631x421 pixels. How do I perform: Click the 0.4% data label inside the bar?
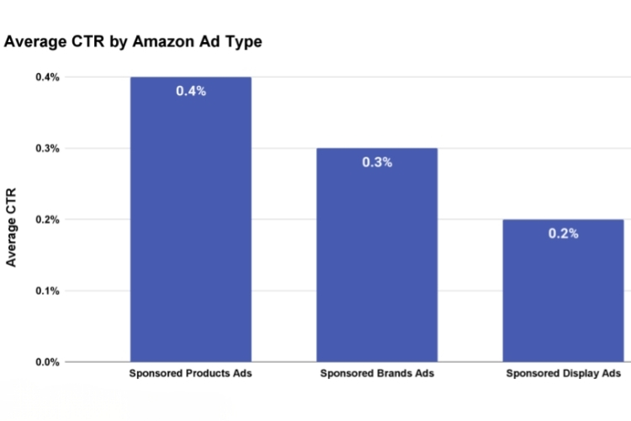pos(190,91)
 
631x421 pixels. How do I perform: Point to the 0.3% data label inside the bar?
pos(377,162)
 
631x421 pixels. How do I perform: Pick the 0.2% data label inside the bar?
pos(563,233)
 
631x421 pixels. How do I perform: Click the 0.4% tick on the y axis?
pos(47,77)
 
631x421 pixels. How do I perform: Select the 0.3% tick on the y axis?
pos(47,149)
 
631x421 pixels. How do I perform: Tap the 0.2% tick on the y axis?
pos(47,220)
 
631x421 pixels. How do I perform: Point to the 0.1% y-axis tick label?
pos(47,291)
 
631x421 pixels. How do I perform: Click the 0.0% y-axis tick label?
pos(47,363)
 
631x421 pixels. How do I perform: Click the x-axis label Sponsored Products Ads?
pos(190,373)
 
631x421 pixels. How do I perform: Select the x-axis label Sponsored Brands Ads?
pos(377,373)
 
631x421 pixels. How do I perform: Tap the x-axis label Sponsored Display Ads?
pos(563,373)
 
